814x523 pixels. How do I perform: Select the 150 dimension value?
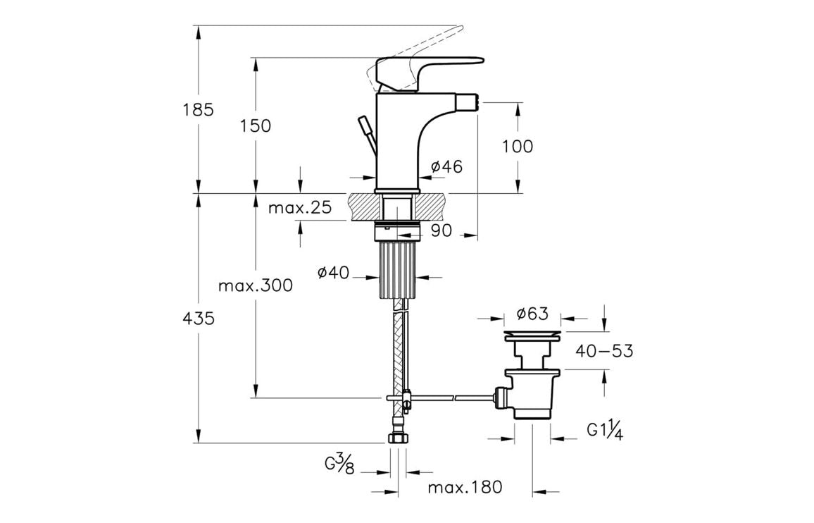[x=256, y=126]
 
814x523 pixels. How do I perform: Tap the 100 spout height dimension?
[x=518, y=147]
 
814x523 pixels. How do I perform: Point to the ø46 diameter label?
[x=446, y=167]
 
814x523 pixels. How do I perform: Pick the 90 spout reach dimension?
[x=441, y=230]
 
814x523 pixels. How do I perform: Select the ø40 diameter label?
[x=333, y=273]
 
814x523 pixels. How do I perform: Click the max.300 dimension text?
[x=256, y=286]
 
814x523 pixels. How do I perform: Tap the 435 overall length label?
[x=199, y=318]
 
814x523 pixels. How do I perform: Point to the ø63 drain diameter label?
[x=532, y=314]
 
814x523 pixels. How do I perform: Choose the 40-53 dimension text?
[x=604, y=350]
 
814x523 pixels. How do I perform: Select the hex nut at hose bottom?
[x=398, y=438]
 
